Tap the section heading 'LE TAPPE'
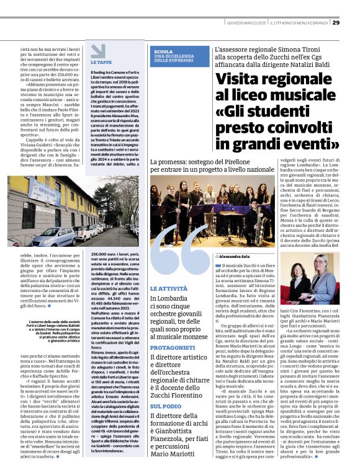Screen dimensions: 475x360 point(101,63)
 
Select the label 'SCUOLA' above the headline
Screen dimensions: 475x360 point(163,51)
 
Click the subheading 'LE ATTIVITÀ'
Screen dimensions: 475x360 point(168,289)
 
